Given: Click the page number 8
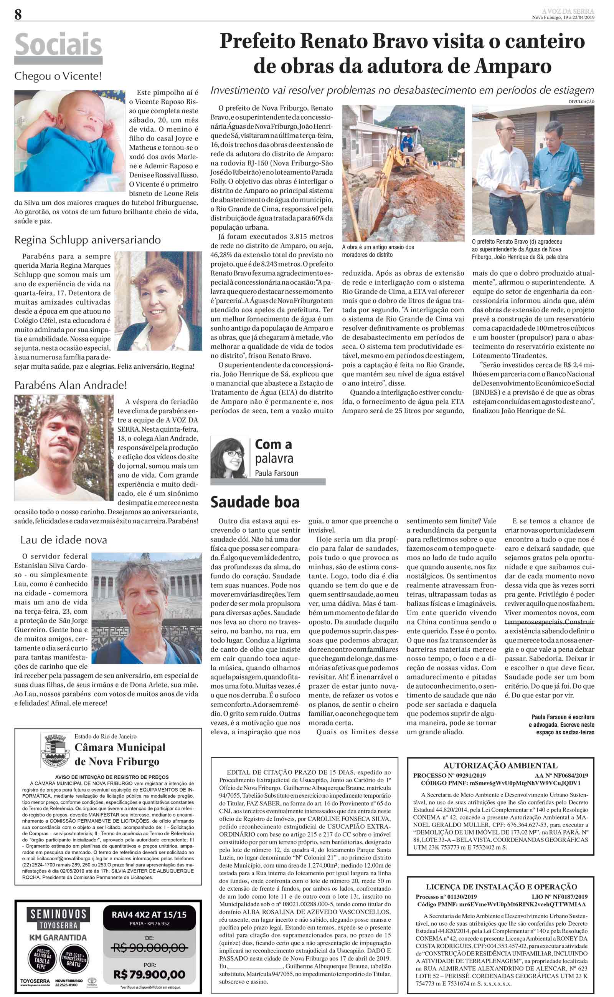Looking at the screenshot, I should click(18, 15).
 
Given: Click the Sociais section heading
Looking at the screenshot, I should click(58, 45).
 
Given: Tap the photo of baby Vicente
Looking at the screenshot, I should click(69, 140).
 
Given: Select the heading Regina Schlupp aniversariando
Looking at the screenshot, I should click(87, 240).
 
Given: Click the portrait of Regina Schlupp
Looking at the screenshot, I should click(158, 301).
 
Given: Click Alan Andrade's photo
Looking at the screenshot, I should click(64, 447).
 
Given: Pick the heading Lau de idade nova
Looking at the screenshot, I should click(64, 540).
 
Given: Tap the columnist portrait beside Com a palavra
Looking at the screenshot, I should click(229, 457).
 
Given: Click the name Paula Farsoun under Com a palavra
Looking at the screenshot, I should click(277, 473).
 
